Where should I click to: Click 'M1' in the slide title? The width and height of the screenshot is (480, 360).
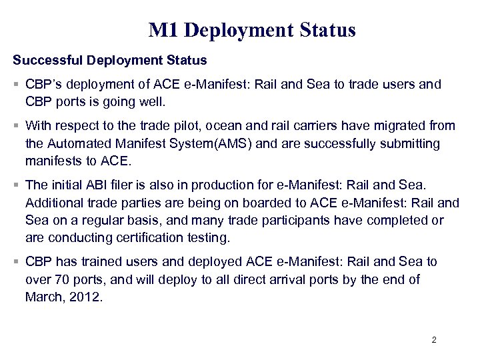[163, 31]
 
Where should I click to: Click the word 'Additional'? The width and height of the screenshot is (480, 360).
[53, 203]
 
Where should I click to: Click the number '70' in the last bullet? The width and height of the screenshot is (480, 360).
[62, 280]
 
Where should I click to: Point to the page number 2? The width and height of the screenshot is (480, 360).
[434, 340]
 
